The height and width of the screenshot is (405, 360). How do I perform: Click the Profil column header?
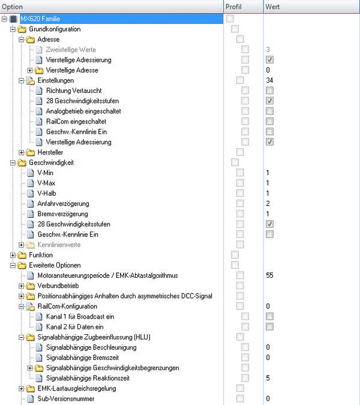pos(234,7)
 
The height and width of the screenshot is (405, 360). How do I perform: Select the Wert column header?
pos(273,7)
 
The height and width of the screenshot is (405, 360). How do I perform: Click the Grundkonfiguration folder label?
pos(55,29)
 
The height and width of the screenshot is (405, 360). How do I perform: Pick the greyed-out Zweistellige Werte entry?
pos(70,49)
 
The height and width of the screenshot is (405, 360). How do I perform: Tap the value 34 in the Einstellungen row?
pos(269,80)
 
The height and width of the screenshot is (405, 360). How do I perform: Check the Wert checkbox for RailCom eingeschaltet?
pos(269,121)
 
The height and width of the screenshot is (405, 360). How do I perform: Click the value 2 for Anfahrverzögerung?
pos(268,203)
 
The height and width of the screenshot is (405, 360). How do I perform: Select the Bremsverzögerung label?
pos(62,214)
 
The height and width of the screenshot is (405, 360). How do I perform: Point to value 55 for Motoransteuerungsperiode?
pos(269,275)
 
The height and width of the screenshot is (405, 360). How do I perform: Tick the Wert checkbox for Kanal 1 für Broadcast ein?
pos(269,316)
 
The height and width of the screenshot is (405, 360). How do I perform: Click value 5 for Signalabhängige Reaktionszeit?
pos(268,378)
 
